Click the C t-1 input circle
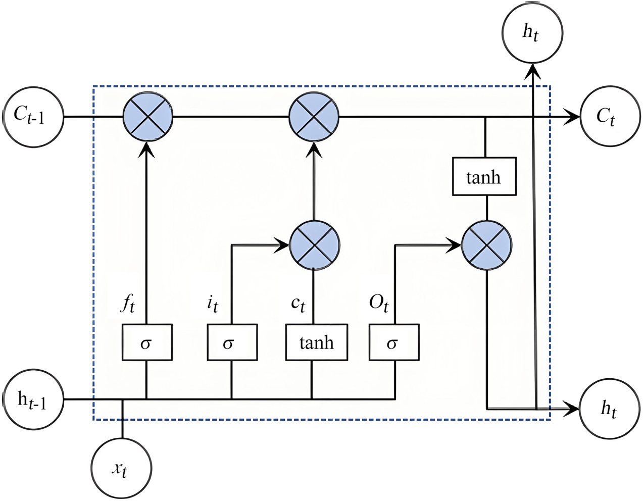[x=33, y=117]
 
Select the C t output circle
[x=610, y=117]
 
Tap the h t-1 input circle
[x=33, y=399]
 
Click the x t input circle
[x=121, y=468]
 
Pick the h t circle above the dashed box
[x=532, y=33]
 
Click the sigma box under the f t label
[x=147, y=342]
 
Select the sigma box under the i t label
[x=232, y=342]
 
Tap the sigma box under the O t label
[x=394, y=342]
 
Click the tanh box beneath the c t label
[x=316, y=342]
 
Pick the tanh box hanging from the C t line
[x=484, y=176]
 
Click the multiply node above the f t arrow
[x=148, y=117]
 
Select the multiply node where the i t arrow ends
[x=315, y=245]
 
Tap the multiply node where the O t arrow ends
[x=487, y=245]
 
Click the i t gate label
[x=213, y=303]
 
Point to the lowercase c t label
[x=298, y=303]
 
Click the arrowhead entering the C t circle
[x=573, y=117]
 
